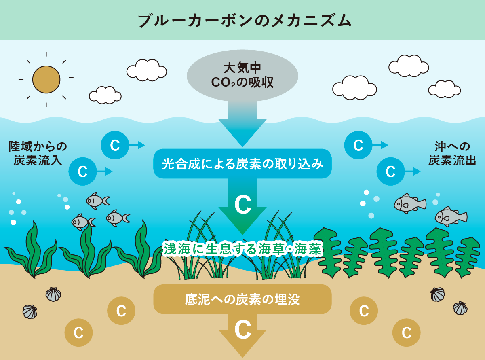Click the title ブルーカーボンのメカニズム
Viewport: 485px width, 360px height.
click(242, 21)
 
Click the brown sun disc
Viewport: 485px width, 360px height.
click(46, 80)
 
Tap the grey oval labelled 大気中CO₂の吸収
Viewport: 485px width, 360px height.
click(242, 76)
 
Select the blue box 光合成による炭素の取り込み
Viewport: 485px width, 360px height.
click(242, 164)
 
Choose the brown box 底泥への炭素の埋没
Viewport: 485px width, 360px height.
click(242, 299)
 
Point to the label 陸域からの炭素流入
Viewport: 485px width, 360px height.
click(38, 153)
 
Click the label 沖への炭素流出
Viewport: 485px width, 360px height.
click(452, 153)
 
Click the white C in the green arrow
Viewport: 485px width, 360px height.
click(242, 205)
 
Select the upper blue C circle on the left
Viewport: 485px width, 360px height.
click(115, 145)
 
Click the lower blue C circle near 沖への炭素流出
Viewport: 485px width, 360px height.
click(390, 172)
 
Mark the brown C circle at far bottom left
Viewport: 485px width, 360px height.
click(79, 333)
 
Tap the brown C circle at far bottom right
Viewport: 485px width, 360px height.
click(407, 333)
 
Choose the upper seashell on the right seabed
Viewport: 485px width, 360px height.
click(437, 294)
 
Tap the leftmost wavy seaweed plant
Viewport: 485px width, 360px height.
click(32, 251)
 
